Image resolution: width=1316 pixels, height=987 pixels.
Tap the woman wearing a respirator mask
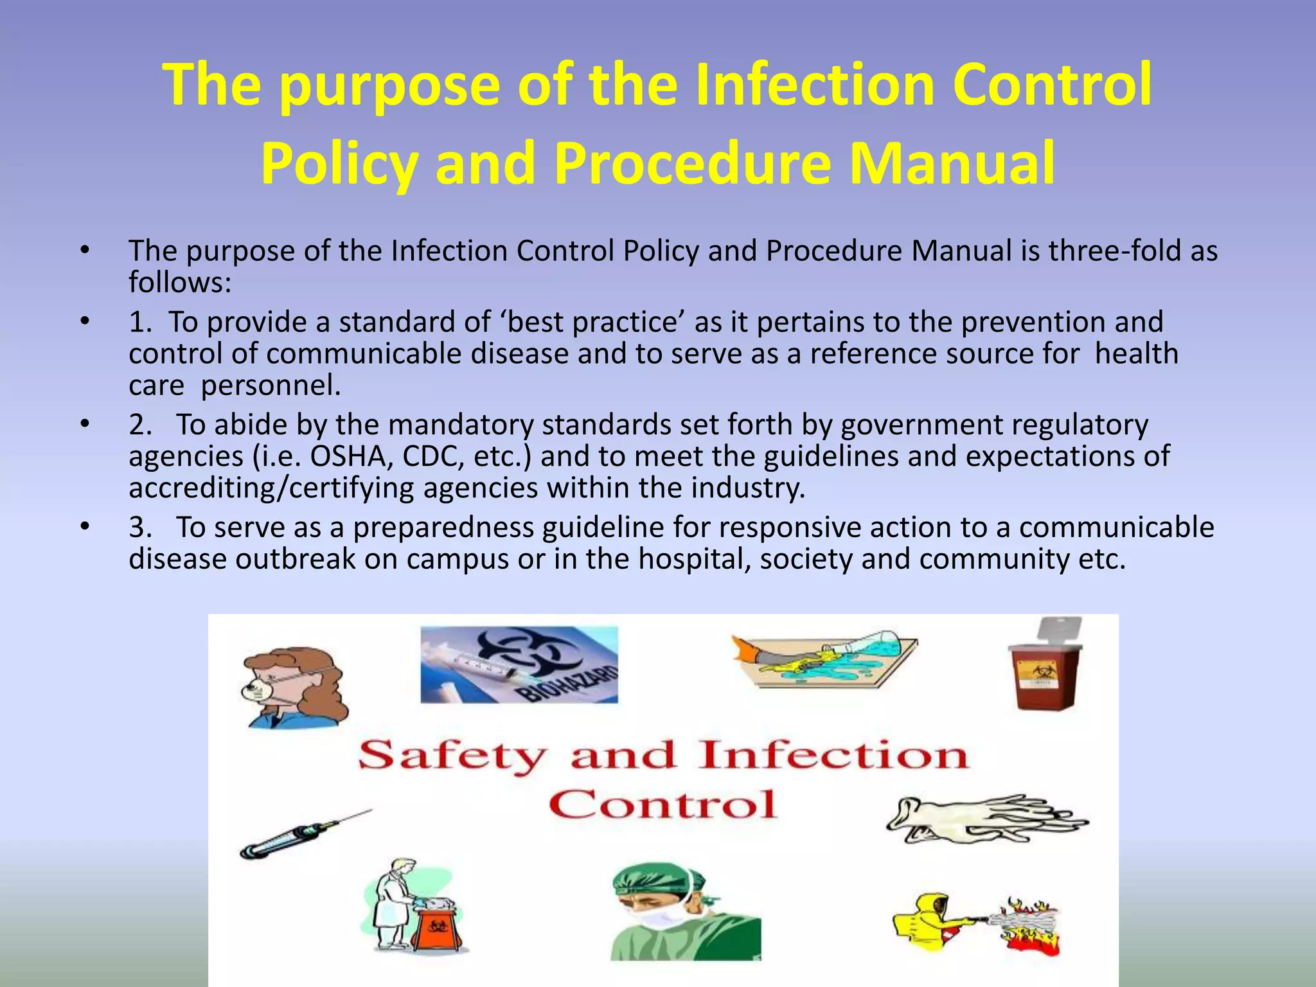(292, 688)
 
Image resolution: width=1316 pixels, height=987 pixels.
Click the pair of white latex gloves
(986, 819)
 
